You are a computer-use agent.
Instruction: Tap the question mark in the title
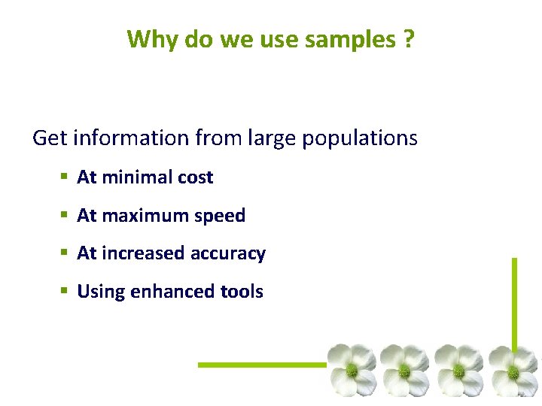tap(408, 38)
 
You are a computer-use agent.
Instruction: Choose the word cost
tap(195, 177)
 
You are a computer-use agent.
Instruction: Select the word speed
tap(220, 217)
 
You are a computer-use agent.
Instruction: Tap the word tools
tap(241, 292)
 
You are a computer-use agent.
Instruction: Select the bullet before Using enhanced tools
tap(65, 292)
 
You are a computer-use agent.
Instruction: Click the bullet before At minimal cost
tap(65, 177)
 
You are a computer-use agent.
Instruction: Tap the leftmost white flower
tap(351, 369)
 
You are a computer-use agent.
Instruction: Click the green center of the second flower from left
tap(404, 371)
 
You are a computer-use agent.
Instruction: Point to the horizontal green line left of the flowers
tap(261, 365)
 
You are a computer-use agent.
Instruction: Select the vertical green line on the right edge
tap(514, 301)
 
